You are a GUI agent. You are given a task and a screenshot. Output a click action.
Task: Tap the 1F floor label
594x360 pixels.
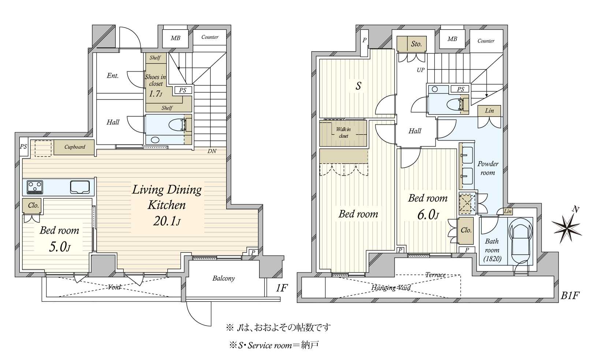pyautogui.click(x=281, y=288)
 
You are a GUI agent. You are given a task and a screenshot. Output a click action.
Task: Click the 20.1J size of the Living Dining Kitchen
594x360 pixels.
pyautogui.click(x=167, y=221)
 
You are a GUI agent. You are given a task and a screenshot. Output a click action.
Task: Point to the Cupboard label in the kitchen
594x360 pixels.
pyautogui.click(x=75, y=147)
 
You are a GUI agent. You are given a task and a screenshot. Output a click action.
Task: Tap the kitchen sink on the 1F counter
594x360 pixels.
pyautogui.click(x=80, y=187)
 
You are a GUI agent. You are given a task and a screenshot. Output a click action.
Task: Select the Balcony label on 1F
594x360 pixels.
pyautogui.click(x=224, y=278)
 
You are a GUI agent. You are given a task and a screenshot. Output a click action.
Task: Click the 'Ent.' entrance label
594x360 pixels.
pyautogui.click(x=113, y=76)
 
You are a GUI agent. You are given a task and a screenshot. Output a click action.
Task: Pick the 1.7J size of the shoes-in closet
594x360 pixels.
pyautogui.click(x=156, y=93)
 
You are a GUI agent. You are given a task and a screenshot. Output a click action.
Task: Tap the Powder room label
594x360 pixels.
pyautogui.click(x=487, y=168)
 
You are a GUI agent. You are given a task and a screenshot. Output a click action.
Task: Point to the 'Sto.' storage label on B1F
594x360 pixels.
pyautogui.click(x=416, y=44)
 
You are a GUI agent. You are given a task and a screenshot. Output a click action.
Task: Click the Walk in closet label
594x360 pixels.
pyautogui.click(x=343, y=132)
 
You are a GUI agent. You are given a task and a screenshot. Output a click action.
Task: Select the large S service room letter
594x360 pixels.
pyautogui.click(x=358, y=86)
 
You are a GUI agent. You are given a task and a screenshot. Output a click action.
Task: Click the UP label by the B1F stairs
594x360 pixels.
pyautogui.click(x=421, y=70)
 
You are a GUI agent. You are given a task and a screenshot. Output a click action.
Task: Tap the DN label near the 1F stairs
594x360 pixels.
pyautogui.click(x=212, y=151)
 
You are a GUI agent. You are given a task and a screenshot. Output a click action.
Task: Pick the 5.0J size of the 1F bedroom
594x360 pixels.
pyautogui.click(x=60, y=247)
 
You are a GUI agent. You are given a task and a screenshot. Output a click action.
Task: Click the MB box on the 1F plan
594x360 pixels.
pyautogui.click(x=176, y=38)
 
